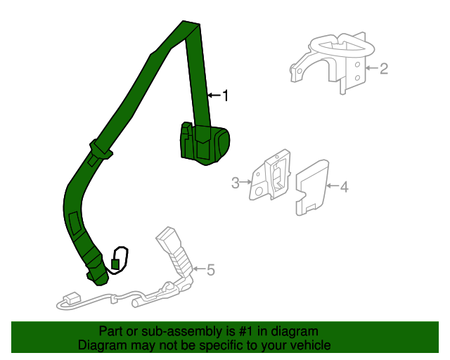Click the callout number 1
click(x=226, y=96)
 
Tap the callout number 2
click(x=384, y=69)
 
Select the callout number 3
click(x=236, y=183)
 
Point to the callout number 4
click(x=345, y=186)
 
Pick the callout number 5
click(x=211, y=270)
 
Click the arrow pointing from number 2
click(x=372, y=68)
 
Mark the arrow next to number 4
click(x=333, y=186)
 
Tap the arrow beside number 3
click(x=246, y=181)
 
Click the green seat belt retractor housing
click(x=205, y=143)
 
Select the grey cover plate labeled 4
click(x=312, y=187)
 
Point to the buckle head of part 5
click(x=166, y=238)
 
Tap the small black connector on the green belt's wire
click(x=115, y=264)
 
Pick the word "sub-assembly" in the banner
click(x=181, y=332)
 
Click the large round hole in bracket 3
click(x=258, y=191)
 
